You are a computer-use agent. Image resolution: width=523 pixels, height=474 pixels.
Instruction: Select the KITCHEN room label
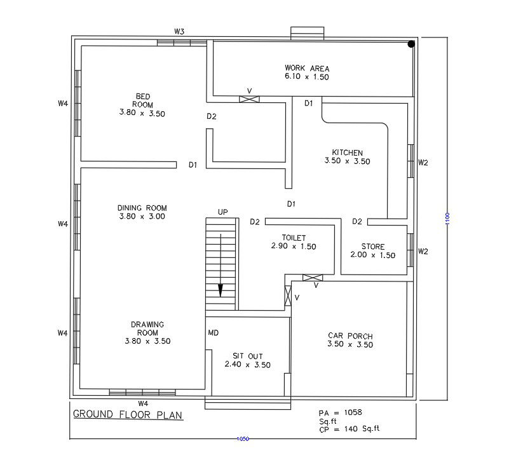pos(347,157)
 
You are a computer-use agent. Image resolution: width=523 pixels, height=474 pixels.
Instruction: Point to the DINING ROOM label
pos(142,212)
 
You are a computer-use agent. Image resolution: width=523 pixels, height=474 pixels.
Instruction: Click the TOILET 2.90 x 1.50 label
pos(294,242)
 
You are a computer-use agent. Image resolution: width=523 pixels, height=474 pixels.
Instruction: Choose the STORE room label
pos(372,251)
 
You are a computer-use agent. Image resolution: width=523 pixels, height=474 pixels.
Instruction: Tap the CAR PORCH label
pos(350,340)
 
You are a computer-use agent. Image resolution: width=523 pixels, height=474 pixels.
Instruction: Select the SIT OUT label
pos(247,360)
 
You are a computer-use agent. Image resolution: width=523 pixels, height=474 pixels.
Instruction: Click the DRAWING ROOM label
pos(147,332)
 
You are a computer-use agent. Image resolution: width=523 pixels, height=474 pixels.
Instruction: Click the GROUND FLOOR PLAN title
pos(128,415)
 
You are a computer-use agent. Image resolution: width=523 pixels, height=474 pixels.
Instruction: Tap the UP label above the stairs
pos(222,212)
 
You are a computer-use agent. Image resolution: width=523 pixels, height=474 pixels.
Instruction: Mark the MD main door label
pos(214,332)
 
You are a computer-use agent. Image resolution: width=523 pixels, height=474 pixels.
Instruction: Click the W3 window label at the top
pos(179,31)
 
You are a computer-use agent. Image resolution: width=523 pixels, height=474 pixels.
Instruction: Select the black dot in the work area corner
pos(411,44)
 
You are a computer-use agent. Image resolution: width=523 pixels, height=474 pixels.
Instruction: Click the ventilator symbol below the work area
pos(249,98)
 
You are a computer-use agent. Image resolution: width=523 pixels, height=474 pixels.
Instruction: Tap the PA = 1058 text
pos(340,412)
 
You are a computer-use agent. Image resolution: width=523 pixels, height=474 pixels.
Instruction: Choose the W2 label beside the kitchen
pos(423,162)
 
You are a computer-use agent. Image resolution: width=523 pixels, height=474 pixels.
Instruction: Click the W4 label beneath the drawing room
pos(143,403)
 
